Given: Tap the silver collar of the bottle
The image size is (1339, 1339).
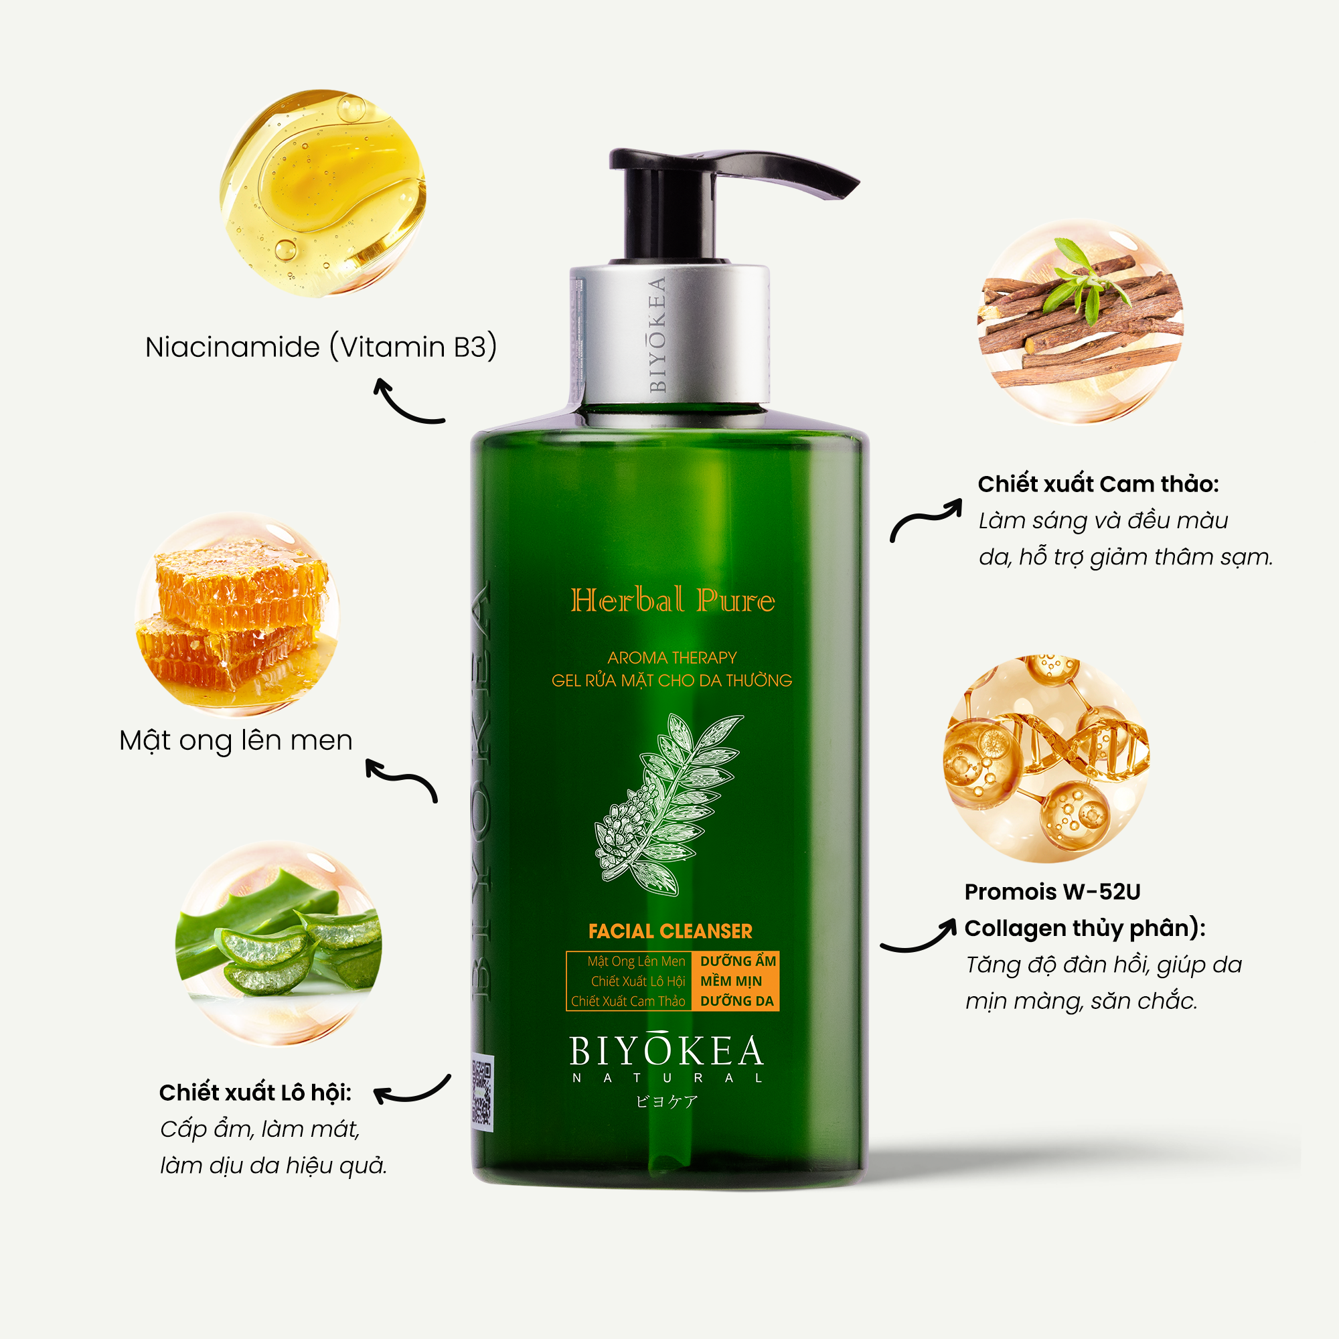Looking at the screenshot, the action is [x=669, y=335].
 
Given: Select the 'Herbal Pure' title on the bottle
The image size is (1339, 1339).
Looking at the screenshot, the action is [x=672, y=600].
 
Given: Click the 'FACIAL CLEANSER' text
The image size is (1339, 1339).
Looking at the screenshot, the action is [x=670, y=931].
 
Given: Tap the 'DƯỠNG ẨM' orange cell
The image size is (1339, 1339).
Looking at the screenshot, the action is [x=737, y=961].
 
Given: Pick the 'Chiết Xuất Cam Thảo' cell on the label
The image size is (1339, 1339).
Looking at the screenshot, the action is [x=628, y=1002].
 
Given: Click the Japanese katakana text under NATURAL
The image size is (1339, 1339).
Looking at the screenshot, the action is [x=667, y=1102].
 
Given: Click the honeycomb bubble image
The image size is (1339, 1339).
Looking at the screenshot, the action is [x=237, y=614].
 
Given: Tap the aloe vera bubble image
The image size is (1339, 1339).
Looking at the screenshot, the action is [x=279, y=943].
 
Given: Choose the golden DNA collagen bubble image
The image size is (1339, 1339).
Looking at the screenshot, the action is [x=1046, y=759].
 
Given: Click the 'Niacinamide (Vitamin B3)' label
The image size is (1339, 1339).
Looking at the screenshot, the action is [x=321, y=347].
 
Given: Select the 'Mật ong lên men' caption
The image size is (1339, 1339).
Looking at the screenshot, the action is [x=236, y=741].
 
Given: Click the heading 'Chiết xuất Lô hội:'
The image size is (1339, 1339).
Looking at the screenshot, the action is [x=255, y=1093].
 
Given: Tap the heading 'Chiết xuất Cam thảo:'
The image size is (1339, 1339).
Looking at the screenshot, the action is [x=1098, y=484].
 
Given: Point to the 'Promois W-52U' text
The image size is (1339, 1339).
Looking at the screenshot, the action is [x=1052, y=892].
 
